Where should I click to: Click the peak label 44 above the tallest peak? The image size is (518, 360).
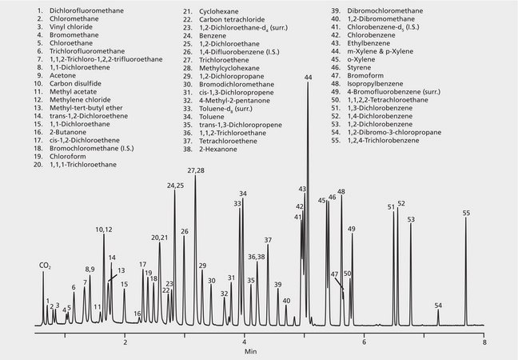pyautogui.click(x=308, y=77)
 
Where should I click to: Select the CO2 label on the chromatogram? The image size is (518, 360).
pyautogui.click(x=45, y=266)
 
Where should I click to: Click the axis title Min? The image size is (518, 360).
pyautogui.click(x=251, y=351)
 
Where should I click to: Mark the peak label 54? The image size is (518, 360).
pyautogui.click(x=438, y=306)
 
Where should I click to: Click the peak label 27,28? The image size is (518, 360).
pyautogui.click(x=196, y=170)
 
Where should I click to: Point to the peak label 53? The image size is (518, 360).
pyautogui.click(x=411, y=219)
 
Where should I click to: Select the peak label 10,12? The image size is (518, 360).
pyautogui.click(x=104, y=230)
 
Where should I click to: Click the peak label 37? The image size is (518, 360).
pyautogui.click(x=268, y=240)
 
